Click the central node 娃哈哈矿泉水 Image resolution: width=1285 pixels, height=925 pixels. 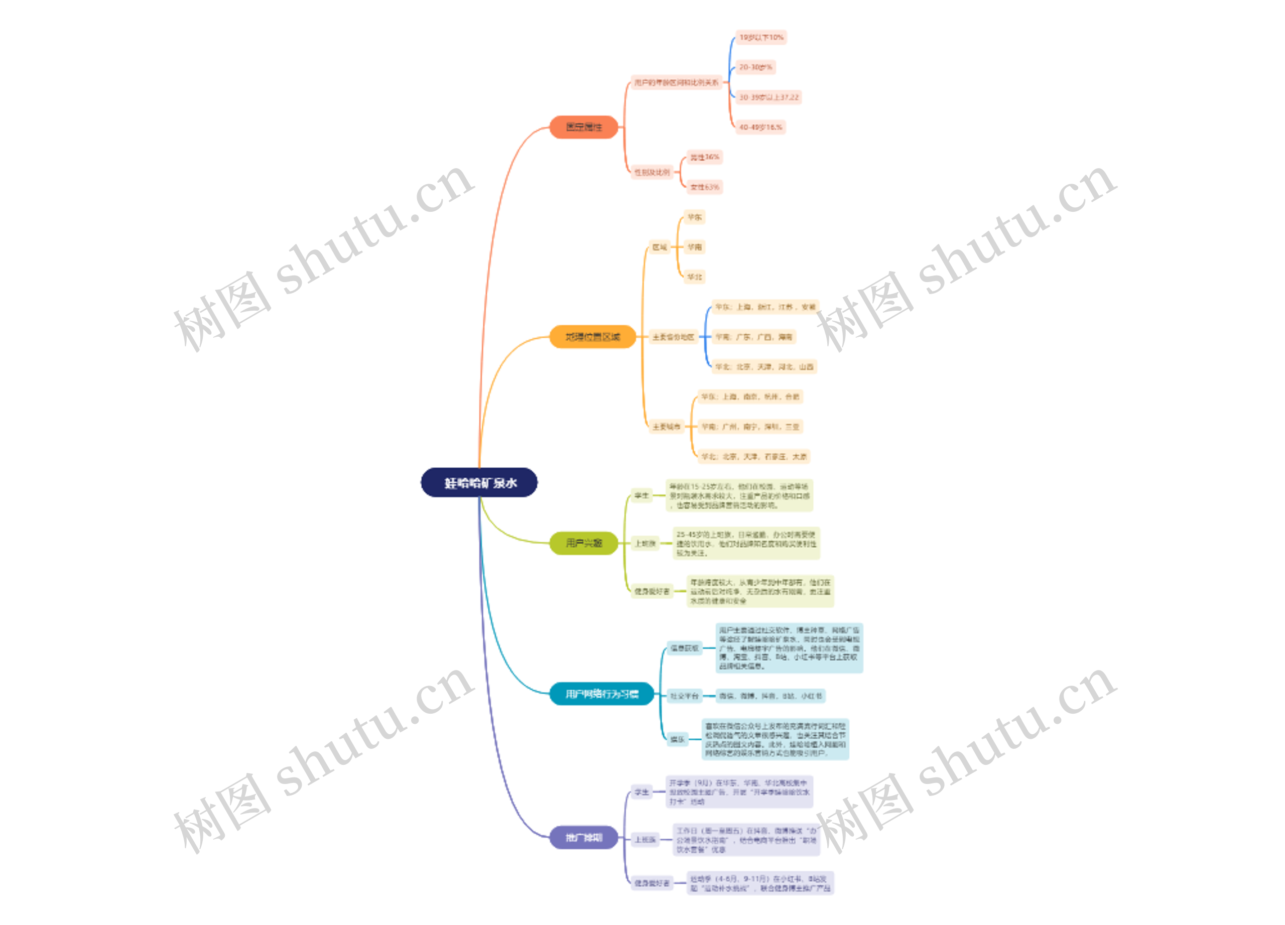coord(479,483)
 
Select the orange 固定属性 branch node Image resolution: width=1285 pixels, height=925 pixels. coord(584,127)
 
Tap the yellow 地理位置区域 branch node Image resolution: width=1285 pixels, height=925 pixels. coord(593,337)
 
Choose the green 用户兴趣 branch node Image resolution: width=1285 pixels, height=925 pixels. coord(584,543)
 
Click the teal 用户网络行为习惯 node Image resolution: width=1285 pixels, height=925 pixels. coord(602,694)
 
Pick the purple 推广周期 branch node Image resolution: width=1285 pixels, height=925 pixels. coord(584,837)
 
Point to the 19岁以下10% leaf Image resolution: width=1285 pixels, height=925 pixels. coord(761,37)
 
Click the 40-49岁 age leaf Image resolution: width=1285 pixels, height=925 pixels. coord(760,127)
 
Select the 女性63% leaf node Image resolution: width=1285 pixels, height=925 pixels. coord(705,187)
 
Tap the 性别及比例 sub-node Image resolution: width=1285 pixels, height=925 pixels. coord(652,172)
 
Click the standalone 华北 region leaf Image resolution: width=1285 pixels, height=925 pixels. coord(695,277)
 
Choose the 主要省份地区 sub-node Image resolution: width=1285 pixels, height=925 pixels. coord(673,337)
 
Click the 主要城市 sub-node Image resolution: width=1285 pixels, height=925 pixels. coord(666,427)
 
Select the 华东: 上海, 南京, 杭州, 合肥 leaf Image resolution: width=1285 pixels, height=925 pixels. coord(750,397)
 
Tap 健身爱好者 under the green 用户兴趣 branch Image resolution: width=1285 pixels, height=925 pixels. coord(652,591)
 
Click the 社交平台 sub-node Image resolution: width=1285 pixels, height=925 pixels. coord(685,696)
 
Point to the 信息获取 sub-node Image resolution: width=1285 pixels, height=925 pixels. coord(685,648)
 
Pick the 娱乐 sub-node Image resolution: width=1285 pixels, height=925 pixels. coord(677,739)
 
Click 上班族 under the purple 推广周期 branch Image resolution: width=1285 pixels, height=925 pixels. coord(646,840)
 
